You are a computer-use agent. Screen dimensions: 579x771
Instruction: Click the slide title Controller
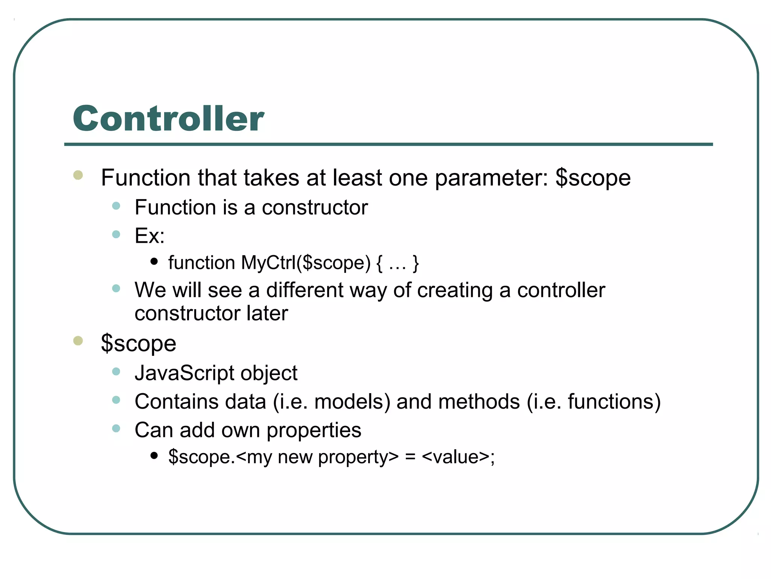pyautogui.click(x=168, y=118)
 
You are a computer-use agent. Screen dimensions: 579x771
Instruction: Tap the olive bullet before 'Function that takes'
pyautogui.click(x=78, y=175)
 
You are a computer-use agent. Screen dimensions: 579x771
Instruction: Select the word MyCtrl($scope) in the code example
pyautogui.click(x=306, y=263)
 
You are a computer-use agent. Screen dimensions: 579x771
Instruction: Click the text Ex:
pyautogui.click(x=149, y=236)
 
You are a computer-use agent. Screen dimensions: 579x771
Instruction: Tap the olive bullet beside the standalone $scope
pyautogui.click(x=78, y=341)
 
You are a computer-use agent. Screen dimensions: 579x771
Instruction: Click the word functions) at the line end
pyautogui.click(x=614, y=401)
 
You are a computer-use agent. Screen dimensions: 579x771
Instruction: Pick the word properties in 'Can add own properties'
pyautogui.click(x=314, y=430)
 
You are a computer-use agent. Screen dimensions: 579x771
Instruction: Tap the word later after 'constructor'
pyautogui.click(x=267, y=313)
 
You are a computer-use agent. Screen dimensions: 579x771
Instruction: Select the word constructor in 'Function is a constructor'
pyautogui.click(x=314, y=208)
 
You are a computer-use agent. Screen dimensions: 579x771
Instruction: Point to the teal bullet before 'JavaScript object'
pyautogui.click(x=116, y=372)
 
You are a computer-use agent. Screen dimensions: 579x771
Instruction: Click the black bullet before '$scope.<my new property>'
pyautogui.click(x=154, y=455)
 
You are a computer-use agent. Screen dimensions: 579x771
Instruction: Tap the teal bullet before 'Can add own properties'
pyautogui.click(x=116, y=428)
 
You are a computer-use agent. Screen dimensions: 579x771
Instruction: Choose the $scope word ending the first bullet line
pyautogui.click(x=593, y=178)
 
